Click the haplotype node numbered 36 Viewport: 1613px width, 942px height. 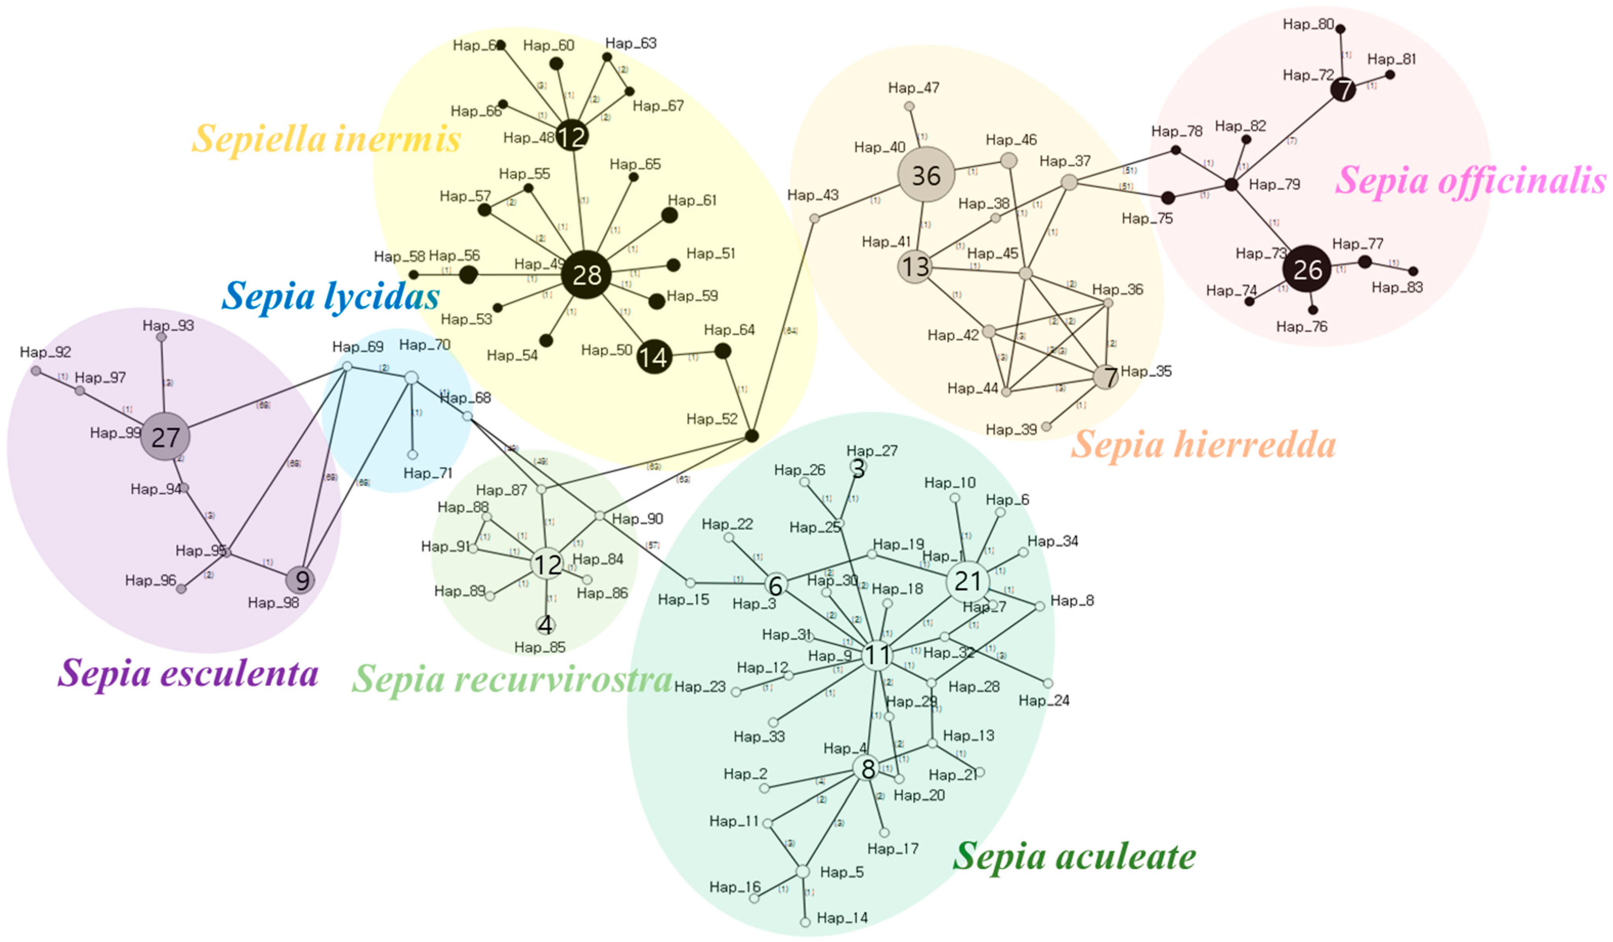tap(926, 175)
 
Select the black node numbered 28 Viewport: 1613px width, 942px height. tap(586, 275)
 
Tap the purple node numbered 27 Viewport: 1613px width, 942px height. tap(165, 437)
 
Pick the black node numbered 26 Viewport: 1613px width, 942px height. tap(1307, 270)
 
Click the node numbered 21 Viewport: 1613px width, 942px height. tap(967, 581)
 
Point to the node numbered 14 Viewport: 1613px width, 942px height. tap(654, 357)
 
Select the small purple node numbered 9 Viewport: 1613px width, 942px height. tap(301, 580)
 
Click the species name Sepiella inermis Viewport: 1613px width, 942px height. tap(326, 139)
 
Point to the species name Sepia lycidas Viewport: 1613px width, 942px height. tap(330, 296)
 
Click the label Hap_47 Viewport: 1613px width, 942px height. tap(913, 87)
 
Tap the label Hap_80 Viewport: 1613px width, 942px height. tap(1308, 24)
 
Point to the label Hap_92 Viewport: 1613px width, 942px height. tap(46, 352)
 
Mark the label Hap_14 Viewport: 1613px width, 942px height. tap(842, 918)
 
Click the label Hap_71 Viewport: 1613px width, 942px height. tap(428, 474)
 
